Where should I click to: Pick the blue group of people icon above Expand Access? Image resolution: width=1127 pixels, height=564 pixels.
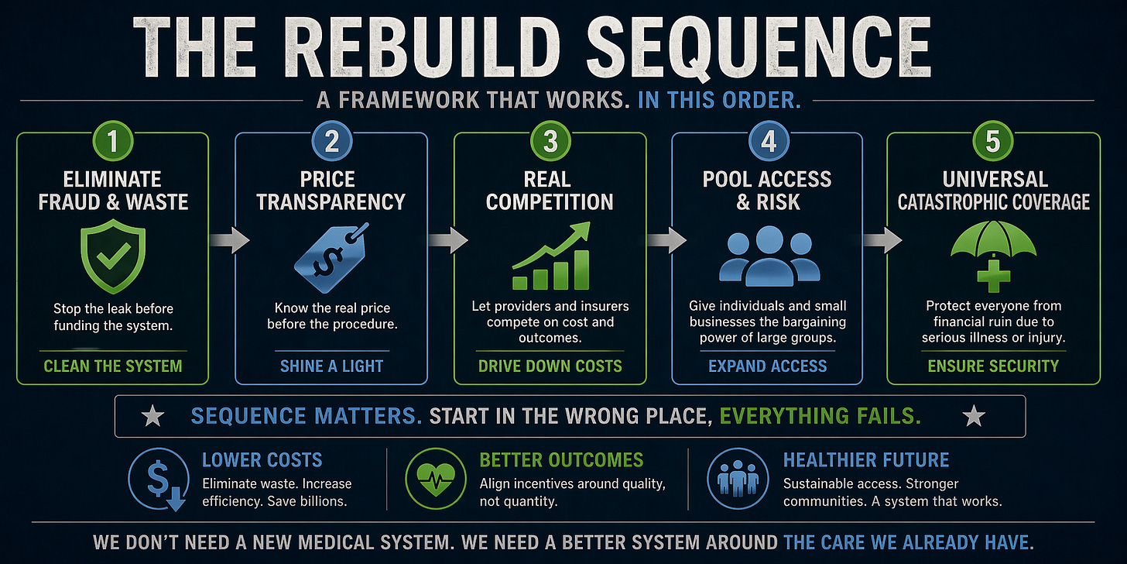pyautogui.click(x=768, y=256)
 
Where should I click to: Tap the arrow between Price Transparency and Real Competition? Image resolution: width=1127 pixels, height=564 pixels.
pyautogui.click(x=449, y=240)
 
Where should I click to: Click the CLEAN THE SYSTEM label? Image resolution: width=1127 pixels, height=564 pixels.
pyautogui.click(x=113, y=365)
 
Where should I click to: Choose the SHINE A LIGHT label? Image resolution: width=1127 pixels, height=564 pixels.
pyautogui.click(x=331, y=366)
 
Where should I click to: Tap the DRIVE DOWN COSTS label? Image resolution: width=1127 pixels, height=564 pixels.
pyautogui.click(x=550, y=366)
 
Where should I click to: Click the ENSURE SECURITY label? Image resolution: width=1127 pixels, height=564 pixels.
pyautogui.click(x=993, y=366)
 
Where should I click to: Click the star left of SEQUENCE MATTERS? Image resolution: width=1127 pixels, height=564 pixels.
pyautogui.click(x=152, y=417)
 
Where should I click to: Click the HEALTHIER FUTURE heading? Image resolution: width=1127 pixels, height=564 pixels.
pyautogui.click(x=865, y=459)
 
